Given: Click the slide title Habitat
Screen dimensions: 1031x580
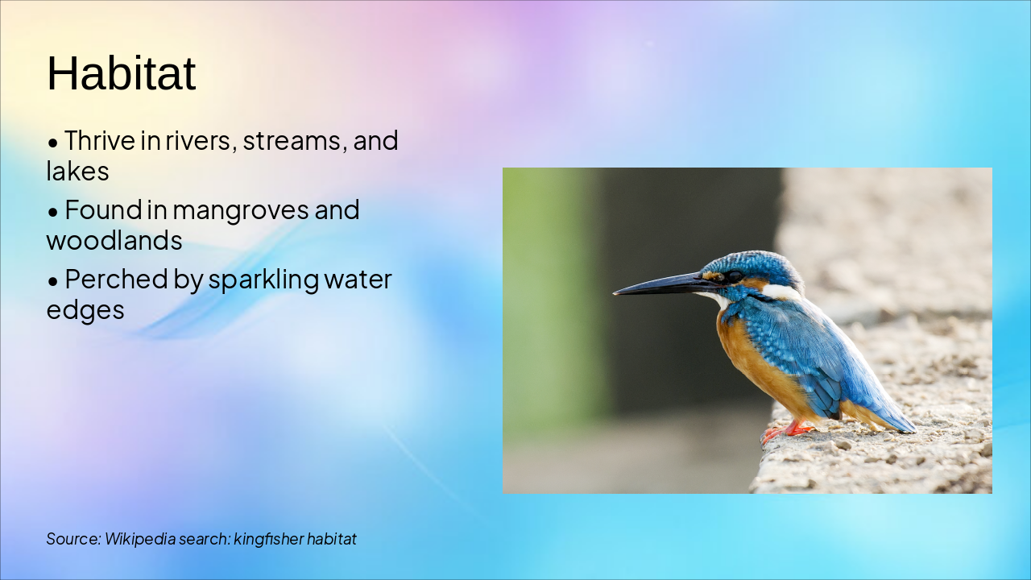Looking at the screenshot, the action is (122, 73).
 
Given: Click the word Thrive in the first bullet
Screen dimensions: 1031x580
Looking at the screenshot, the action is (101, 140).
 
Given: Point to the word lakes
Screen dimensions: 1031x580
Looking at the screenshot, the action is (77, 172).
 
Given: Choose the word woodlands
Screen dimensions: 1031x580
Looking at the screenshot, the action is (114, 240).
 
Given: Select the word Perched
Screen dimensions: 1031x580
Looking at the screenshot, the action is (116, 279).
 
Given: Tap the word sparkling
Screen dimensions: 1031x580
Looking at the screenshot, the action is (263, 280).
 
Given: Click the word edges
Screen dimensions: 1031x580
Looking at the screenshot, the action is (85, 310).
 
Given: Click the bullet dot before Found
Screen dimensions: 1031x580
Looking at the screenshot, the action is (53, 212).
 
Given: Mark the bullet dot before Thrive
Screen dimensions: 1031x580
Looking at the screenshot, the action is (53, 143).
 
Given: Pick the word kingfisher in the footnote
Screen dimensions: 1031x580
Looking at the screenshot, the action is (268, 539).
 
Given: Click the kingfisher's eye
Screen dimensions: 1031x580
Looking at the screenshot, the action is (733, 276).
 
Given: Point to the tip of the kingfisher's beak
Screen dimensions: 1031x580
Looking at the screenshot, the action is (615, 292).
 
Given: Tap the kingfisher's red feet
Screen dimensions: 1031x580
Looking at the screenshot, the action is (786, 431).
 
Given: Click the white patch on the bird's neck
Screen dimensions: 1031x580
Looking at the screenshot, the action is (779, 292).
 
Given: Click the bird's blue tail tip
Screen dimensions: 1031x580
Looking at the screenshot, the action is (907, 427).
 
